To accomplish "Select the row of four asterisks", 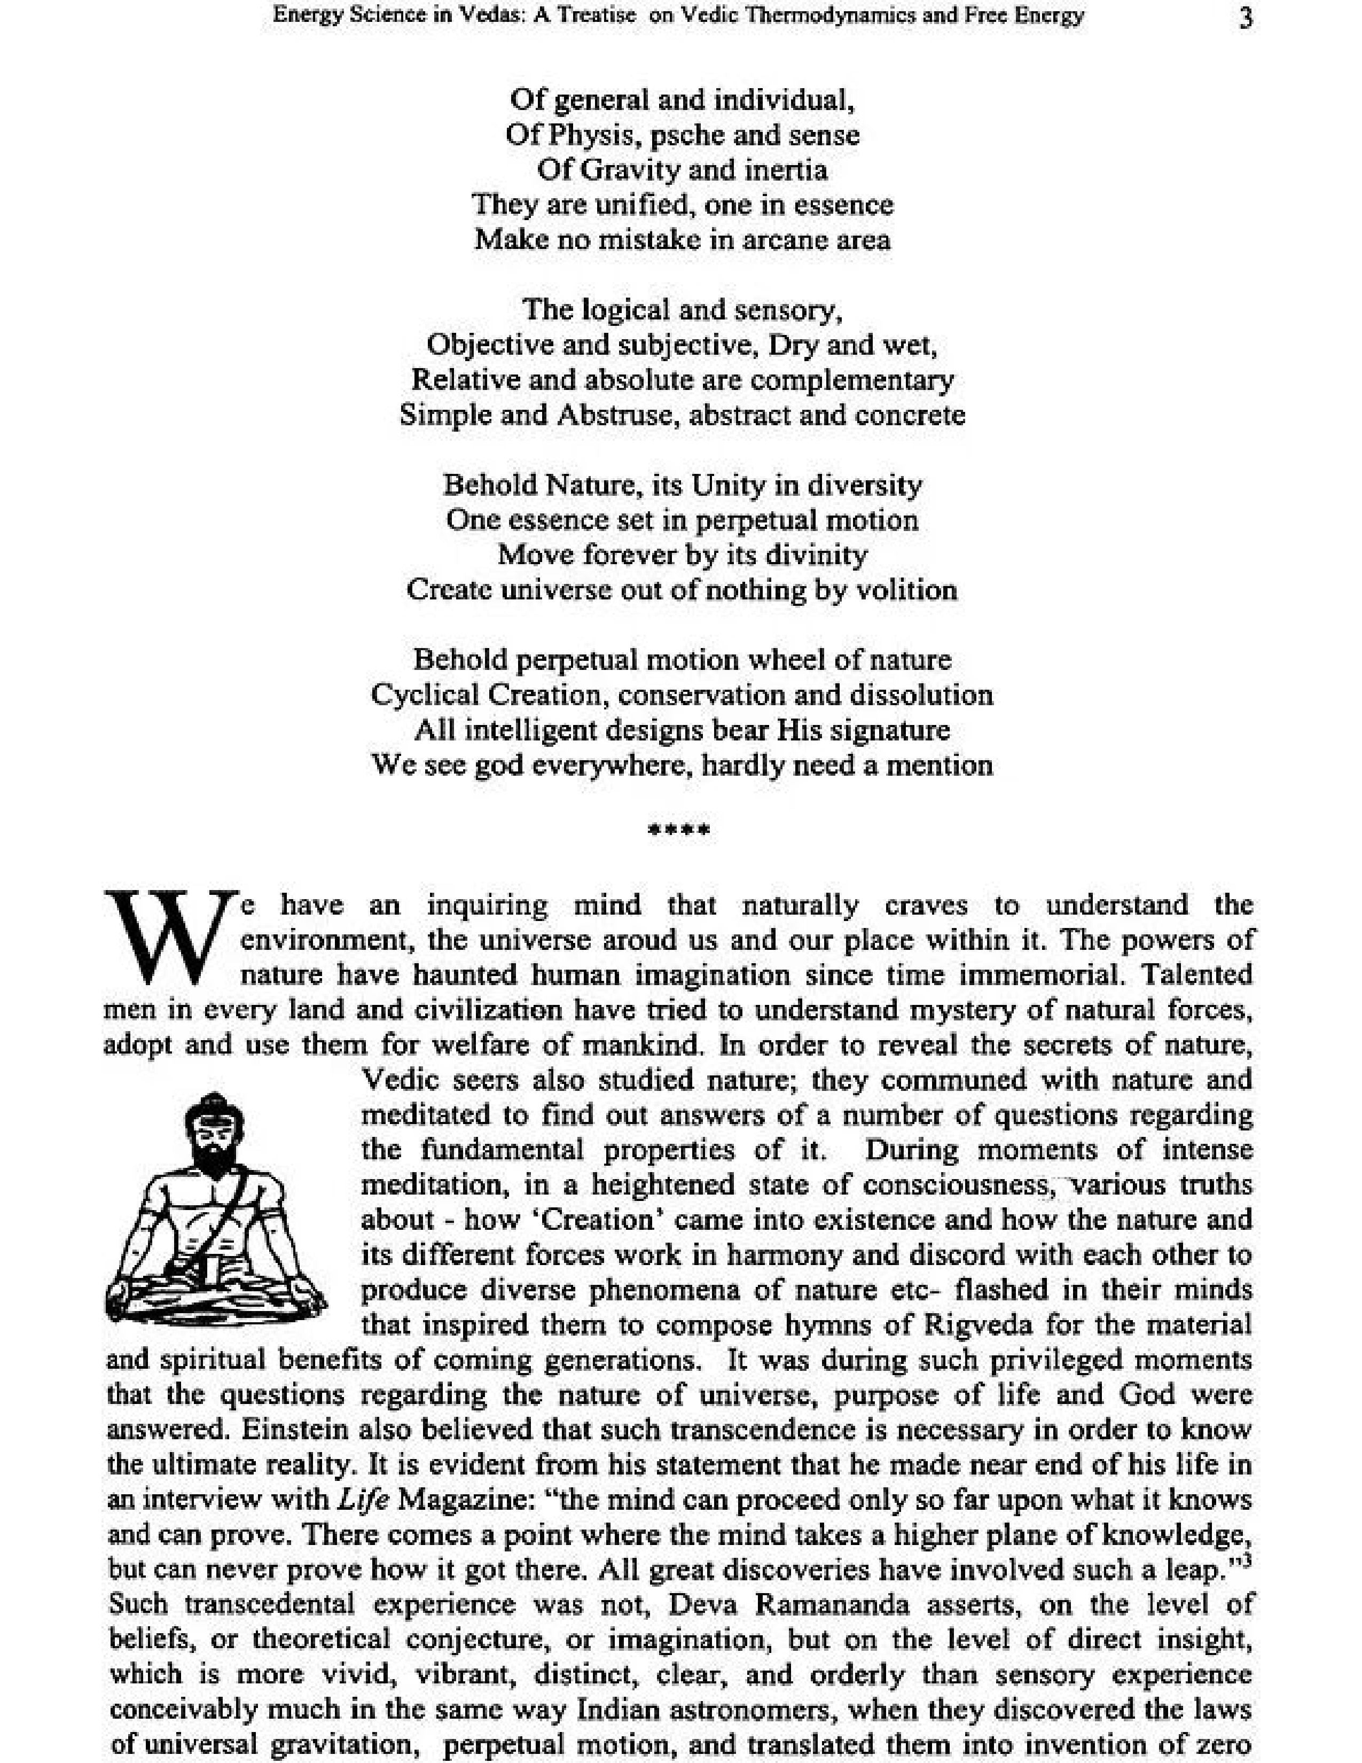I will click(679, 830).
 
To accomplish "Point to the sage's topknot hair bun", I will click(212, 1099).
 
